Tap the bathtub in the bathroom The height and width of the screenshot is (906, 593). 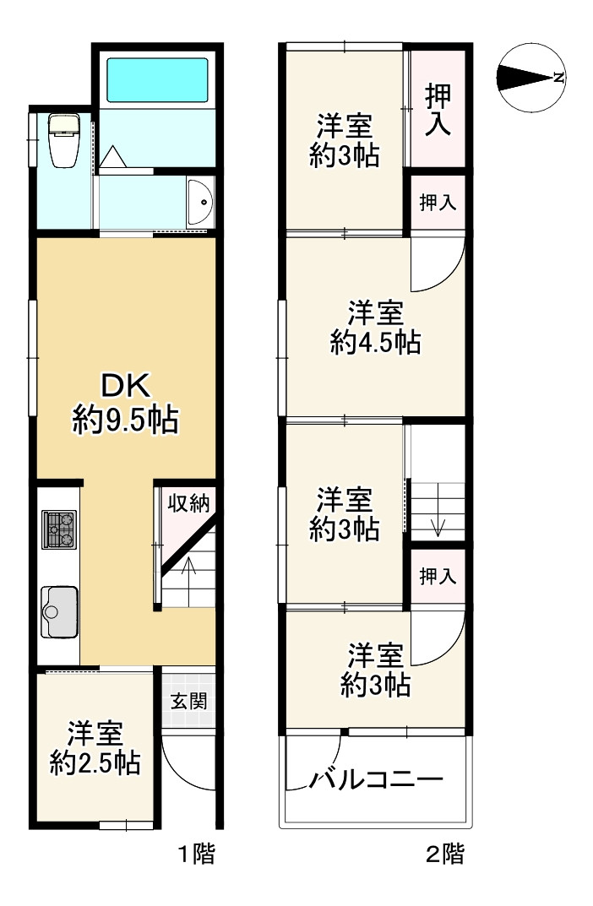(x=156, y=80)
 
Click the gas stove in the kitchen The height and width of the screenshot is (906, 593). (x=58, y=530)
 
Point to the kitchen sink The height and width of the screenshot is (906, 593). (x=58, y=609)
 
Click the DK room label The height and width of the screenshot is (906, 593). (x=126, y=386)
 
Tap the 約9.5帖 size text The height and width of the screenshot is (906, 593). (x=126, y=420)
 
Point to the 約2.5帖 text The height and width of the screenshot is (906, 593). (x=95, y=763)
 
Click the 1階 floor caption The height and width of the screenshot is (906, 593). (x=196, y=854)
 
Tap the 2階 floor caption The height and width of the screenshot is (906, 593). (x=443, y=854)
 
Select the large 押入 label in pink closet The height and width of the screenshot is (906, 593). (x=437, y=107)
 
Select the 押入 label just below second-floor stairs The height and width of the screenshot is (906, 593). (x=438, y=577)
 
